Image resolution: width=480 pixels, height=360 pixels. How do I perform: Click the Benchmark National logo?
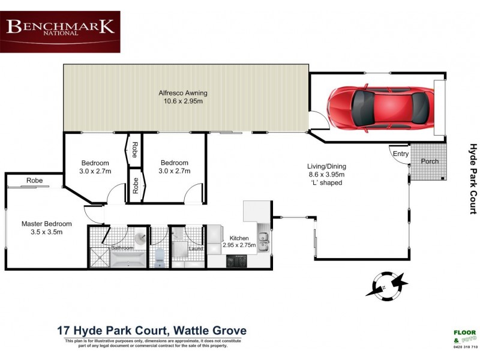click(x=60, y=31)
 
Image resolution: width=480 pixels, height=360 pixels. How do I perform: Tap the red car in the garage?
click(x=380, y=107)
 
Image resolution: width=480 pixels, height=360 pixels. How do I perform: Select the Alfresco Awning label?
click(x=183, y=97)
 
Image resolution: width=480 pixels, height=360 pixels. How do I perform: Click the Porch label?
click(x=430, y=161)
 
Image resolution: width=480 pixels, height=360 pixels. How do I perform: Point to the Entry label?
click(x=400, y=154)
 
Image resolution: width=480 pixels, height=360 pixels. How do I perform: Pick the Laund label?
click(x=196, y=249)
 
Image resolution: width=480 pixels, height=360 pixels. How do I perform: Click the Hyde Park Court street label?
click(x=473, y=178)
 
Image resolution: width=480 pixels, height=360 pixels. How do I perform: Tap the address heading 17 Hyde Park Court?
click(x=151, y=331)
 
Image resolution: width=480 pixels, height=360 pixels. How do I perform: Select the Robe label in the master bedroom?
click(x=34, y=181)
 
